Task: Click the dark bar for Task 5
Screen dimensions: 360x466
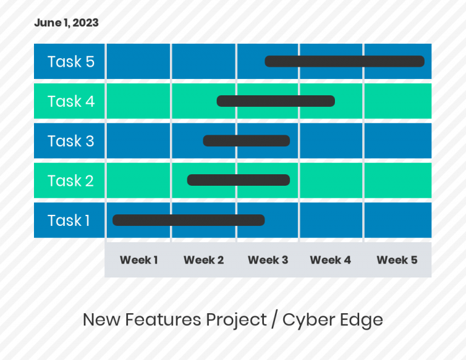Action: click(344, 61)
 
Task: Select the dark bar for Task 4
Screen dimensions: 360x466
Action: click(275, 101)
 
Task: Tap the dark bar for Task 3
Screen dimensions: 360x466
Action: click(246, 141)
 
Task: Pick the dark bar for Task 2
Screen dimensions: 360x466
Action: click(238, 180)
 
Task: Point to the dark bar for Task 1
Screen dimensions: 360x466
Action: click(188, 220)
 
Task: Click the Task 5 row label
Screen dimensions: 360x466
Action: click(71, 62)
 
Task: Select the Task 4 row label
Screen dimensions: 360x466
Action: click(71, 101)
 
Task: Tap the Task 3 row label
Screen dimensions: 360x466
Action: click(71, 141)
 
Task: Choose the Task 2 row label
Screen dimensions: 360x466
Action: click(70, 181)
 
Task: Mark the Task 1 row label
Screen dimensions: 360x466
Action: click(69, 220)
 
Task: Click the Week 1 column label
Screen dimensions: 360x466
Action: click(138, 260)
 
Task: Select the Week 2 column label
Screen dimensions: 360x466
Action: click(204, 260)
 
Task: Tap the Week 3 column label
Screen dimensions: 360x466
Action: click(268, 260)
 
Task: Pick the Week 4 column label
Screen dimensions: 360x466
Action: click(331, 260)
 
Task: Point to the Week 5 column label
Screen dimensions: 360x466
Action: click(397, 260)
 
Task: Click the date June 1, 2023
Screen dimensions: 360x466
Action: click(66, 23)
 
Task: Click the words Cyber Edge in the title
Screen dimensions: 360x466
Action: click(333, 319)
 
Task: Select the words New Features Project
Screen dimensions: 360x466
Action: click(175, 319)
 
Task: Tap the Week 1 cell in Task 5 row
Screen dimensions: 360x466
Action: click(138, 61)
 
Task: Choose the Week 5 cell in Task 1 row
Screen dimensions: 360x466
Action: click(397, 220)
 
